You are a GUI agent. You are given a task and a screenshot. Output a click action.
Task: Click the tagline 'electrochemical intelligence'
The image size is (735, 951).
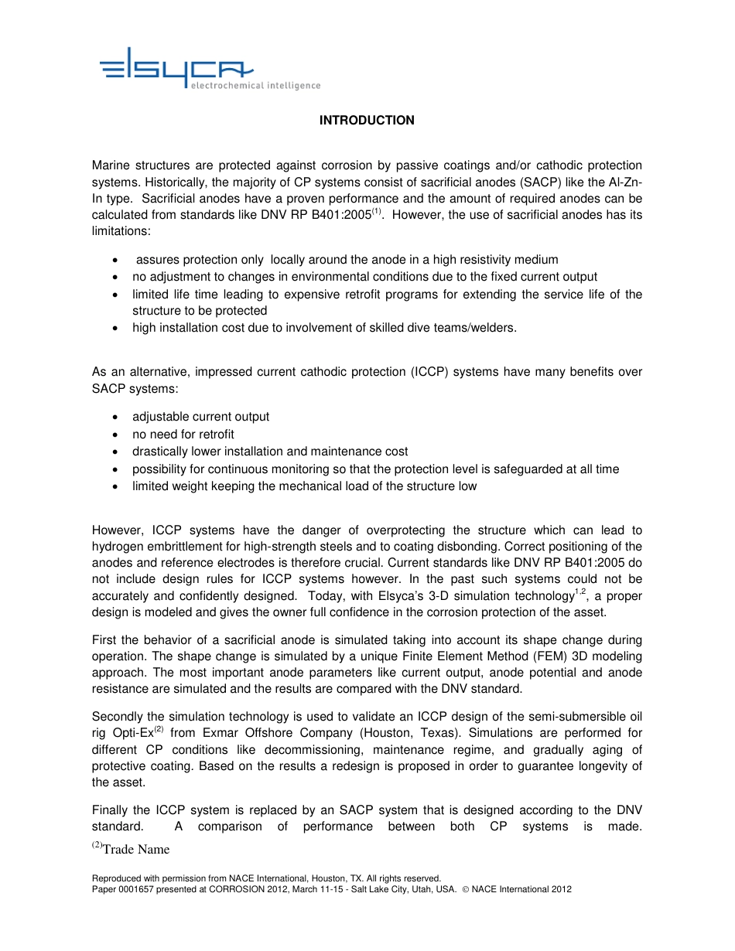pyautogui.click(x=255, y=86)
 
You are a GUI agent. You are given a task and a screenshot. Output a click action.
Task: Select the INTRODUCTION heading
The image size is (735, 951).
pyautogui.click(x=367, y=121)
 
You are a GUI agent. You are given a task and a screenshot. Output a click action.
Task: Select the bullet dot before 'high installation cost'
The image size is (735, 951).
pyautogui.click(x=115, y=328)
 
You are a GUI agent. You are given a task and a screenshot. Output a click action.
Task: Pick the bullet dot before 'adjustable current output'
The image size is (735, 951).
pyautogui.click(x=115, y=418)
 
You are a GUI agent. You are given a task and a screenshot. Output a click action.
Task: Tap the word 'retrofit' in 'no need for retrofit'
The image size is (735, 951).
pyautogui.click(x=216, y=435)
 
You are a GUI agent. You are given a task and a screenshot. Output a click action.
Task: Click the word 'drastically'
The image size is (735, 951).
pyautogui.click(x=161, y=452)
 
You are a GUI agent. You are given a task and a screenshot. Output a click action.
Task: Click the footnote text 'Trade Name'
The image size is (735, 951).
pyautogui.click(x=136, y=850)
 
